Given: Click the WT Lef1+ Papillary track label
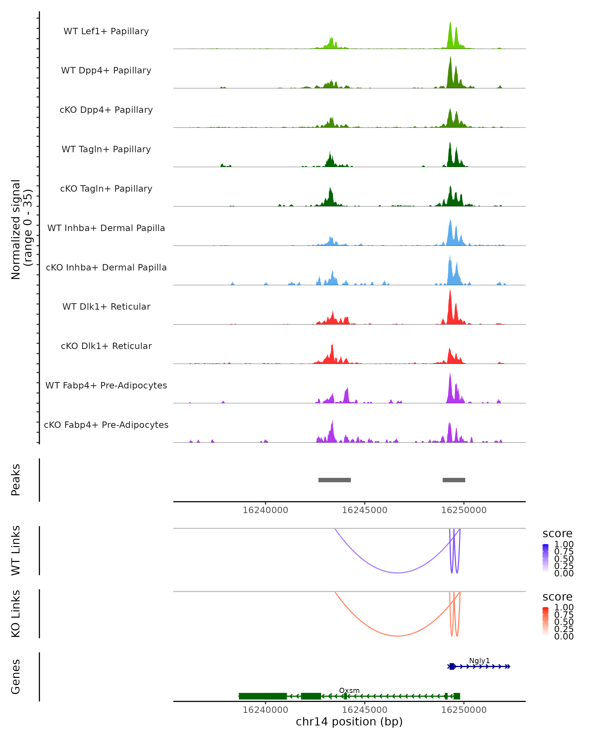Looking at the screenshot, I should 106,31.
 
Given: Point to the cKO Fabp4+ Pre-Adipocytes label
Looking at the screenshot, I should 106,425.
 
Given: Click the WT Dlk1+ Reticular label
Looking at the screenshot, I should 106,306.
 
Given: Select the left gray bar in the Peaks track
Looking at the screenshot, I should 334,480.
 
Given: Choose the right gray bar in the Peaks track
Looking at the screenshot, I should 454,480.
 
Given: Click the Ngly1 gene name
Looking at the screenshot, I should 479,660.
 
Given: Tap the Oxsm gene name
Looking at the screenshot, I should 349,690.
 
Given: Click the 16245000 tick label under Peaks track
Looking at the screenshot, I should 364,510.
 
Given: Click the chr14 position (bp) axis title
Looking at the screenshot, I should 349,722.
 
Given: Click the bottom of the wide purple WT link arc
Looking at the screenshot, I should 397,573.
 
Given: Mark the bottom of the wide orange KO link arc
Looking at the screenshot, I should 397,636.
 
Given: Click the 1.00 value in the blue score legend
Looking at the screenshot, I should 564,544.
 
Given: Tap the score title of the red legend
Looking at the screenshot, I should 557,597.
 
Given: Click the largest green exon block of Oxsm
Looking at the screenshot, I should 263,696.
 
